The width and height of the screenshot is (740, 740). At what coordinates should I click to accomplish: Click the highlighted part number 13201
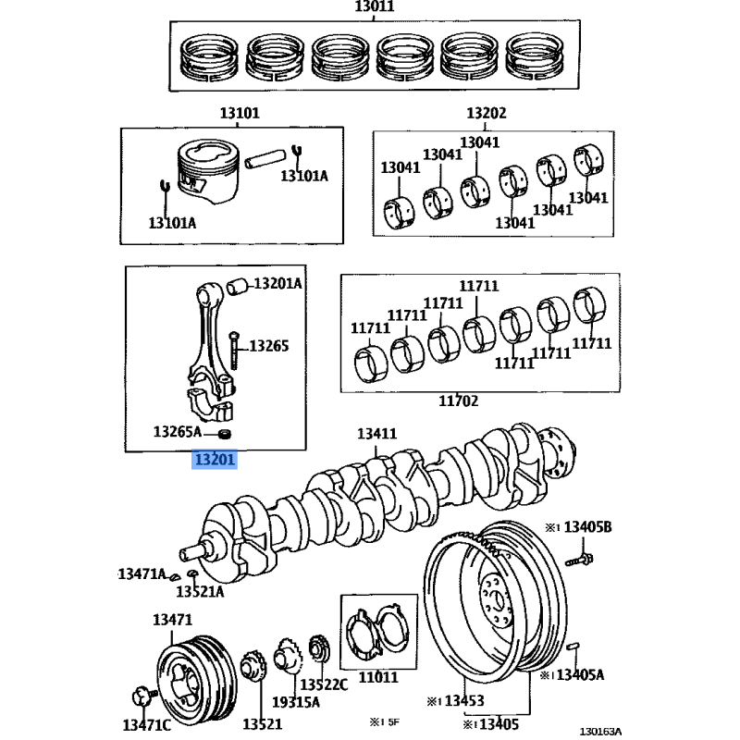pos(215,459)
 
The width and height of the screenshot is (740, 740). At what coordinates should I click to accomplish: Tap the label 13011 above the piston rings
pos(375,6)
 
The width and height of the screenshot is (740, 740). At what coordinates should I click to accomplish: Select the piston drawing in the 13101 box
pos(208,171)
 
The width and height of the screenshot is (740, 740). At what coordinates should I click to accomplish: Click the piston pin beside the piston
pos(265,157)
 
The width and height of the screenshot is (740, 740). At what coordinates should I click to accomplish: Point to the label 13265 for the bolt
pos(269,346)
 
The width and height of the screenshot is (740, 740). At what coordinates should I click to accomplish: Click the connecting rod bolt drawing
pos(234,351)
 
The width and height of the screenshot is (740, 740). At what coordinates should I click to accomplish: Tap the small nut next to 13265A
pos(225,432)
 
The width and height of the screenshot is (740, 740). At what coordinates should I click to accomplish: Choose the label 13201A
pos(278,284)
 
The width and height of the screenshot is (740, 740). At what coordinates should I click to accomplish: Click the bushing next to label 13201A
pos(237,287)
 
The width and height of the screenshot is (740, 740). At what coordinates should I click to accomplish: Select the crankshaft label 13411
pos(377,434)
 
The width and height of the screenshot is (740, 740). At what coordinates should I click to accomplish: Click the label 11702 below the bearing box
pos(458,401)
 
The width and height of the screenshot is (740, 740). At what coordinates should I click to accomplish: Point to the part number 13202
pos(487,113)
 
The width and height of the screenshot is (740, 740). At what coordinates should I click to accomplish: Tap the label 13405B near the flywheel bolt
pos(587,526)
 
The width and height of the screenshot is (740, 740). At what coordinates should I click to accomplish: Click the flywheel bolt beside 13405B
pos(579,561)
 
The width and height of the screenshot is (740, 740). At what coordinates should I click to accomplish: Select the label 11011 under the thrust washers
pos(378,678)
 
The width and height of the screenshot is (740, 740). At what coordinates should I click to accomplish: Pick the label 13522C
pos(324,684)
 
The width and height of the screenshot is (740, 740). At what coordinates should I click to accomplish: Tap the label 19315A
pos(296,702)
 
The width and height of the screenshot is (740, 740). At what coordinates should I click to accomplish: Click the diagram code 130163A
pos(600,732)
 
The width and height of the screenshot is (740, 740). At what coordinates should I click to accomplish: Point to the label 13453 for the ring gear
pos(464,701)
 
